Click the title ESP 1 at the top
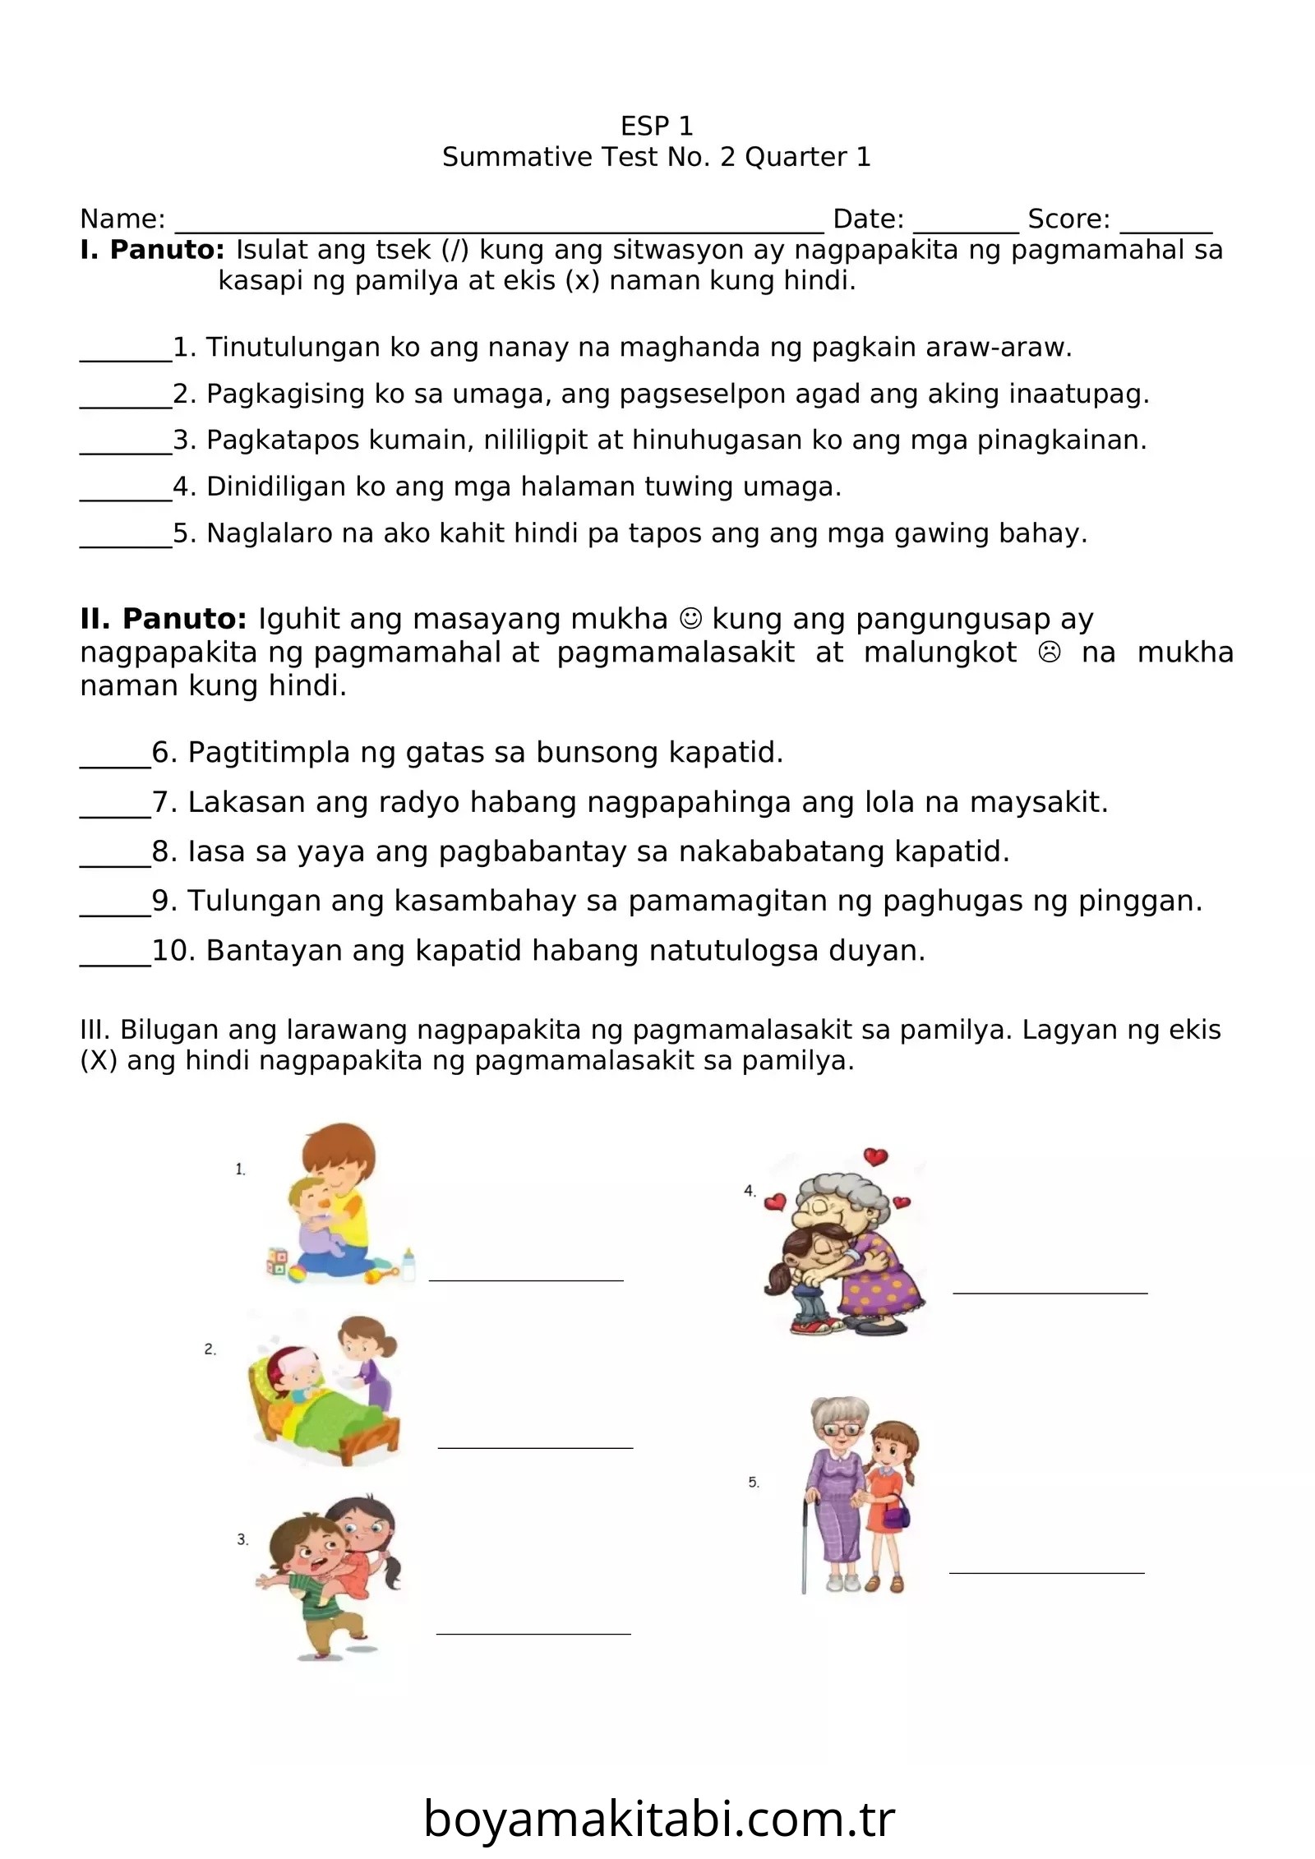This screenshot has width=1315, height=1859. [657, 126]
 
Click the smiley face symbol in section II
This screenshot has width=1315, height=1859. [691, 618]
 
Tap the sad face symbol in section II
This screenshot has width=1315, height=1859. [1050, 653]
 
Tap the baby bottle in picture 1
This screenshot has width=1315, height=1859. [407, 1264]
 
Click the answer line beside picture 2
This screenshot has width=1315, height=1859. [535, 1446]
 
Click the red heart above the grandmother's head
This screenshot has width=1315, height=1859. [876, 1156]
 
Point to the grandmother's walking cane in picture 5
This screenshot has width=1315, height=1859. [805, 1545]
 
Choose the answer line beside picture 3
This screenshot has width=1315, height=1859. [533, 1633]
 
